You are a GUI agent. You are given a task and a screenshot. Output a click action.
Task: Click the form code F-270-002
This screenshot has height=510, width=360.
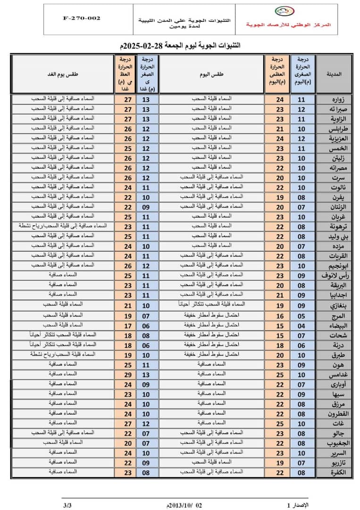click(82, 18)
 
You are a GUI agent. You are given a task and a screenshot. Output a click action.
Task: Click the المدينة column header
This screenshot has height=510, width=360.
click(334, 74)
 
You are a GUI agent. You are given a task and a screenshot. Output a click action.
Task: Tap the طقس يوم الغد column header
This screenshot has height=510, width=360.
click(63, 74)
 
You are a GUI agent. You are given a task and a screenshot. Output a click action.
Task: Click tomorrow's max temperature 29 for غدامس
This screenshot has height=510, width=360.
click(126, 374)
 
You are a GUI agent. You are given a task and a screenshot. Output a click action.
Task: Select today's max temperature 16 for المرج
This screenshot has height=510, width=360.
click(280, 316)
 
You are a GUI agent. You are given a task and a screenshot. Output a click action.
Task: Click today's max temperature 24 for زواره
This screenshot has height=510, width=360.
click(280, 99)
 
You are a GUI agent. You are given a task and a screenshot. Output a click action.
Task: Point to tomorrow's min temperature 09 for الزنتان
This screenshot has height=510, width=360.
click(146, 206)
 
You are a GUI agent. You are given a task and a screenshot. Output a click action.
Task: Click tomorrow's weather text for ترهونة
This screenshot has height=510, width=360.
click(63, 226)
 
